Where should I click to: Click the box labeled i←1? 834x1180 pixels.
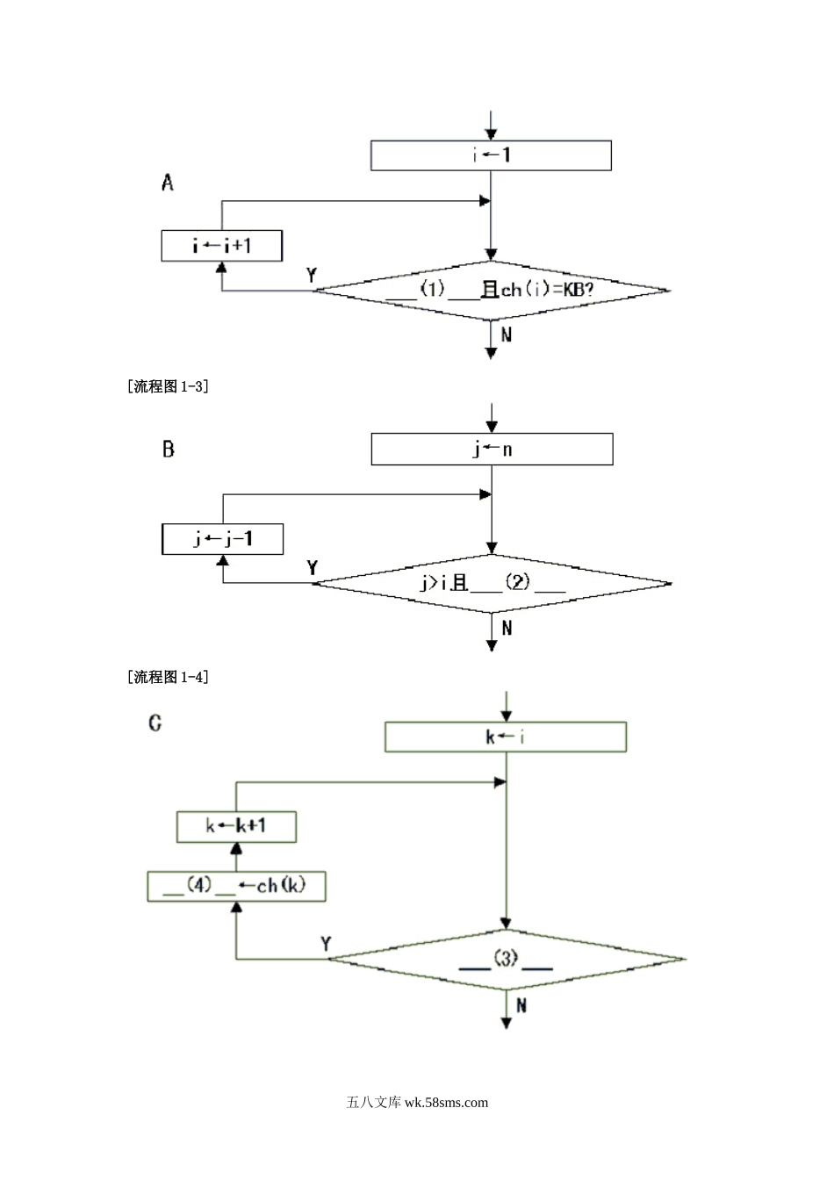[x=491, y=155]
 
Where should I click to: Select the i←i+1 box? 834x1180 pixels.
[x=222, y=246]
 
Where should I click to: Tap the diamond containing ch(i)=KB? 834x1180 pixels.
[x=492, y=289]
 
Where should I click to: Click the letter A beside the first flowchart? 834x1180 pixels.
[x=168, y=183]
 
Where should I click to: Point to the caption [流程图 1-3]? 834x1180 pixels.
[x=169, y=385]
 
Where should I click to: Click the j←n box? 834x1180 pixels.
[x=492, y=450]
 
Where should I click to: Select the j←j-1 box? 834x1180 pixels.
[x=223, y=538]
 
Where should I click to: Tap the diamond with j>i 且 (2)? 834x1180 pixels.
[x=492, y=582]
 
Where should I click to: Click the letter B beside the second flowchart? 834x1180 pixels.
[x=168, y=450]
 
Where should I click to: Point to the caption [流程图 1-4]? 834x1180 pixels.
[x=169, y=677]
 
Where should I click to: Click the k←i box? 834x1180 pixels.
[x=506, y=737]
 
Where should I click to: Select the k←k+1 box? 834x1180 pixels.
[x=236, y=826]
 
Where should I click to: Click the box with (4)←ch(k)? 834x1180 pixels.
[x=235, y=886]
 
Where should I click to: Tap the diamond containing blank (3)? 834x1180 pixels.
[x=506, y=960]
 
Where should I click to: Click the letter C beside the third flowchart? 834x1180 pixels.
[x=155, y=723]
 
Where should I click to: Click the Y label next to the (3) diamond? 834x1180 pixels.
[x=326, y=944]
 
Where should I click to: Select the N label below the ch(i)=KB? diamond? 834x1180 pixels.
[x=507, y=335]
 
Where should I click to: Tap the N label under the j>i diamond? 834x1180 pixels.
[x=507, y=628]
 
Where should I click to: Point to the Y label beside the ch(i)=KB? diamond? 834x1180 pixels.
[x=312, y=275]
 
